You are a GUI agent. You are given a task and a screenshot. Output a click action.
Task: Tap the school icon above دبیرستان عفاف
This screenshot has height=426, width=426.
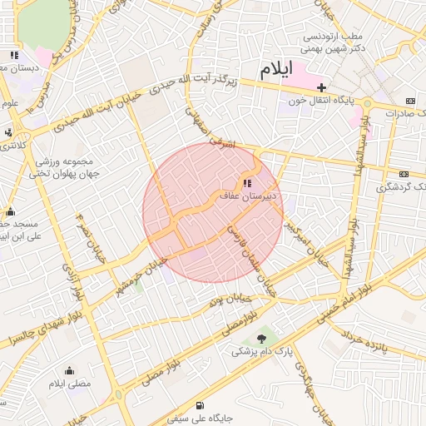pyautogui.click(x=246, y=183)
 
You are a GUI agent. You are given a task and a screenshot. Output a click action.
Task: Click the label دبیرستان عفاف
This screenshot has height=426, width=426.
pyautogui.click(x=247, y=197)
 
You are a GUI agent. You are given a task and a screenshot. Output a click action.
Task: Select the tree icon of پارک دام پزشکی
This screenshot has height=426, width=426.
pyautogui.click(x=263, y=338)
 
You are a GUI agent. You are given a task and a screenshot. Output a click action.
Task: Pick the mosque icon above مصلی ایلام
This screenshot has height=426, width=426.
pyautogui.click(x=68, y=371)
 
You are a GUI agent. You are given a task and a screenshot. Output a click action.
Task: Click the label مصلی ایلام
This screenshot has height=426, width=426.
pyautogui.click(x=68, y=384)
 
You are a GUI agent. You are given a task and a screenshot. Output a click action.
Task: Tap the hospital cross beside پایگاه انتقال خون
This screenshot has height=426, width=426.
pyautogui.click(x=321, y=87)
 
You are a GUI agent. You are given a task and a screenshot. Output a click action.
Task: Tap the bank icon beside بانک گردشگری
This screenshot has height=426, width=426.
pyautogui.click(x=404, y=174)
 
